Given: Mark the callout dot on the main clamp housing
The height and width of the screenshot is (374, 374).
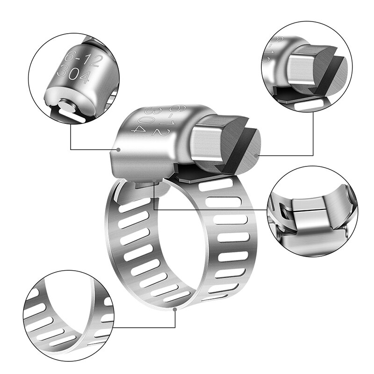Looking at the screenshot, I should click(119, 150).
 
